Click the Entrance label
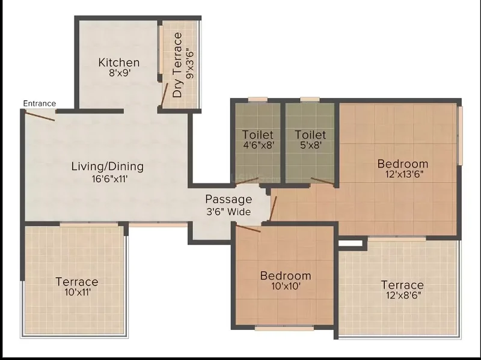[x=40, y=103]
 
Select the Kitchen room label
[x=119, y=63]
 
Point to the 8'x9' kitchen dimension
[x=120, y=73]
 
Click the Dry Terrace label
[x=177, y=65]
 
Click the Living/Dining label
[x=108, y=166]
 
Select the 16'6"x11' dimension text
[x=110, y=178]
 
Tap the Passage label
[x=228, y=200]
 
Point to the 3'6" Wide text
[x=228, y=212]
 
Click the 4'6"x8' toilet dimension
[x=258, y=145]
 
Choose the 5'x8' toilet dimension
[x=310, y=145]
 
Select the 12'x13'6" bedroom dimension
[x=405, y=174]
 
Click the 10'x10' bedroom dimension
[x=286, y=286]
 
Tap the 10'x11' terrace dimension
[x=78, y=292]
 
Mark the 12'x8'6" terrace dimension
[x=403, y=295]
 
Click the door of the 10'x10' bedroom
[x=248, y=228]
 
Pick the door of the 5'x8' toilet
[x=322, y=181]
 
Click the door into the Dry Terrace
[x=165, y=94]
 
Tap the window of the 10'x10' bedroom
[x=284, y=328]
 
